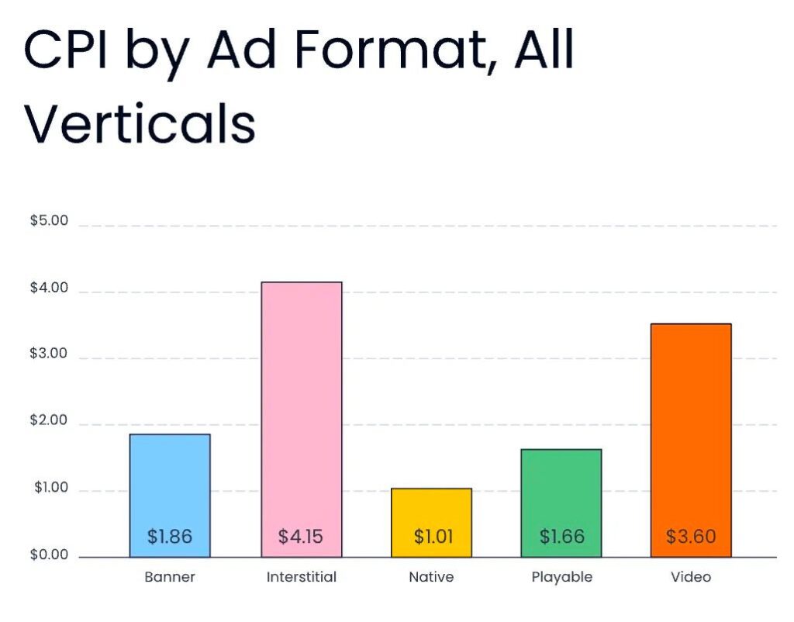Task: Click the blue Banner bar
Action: (169, 481)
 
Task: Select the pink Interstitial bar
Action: (301, 403)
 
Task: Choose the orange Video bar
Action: (690, 427)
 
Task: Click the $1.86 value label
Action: (169, 536)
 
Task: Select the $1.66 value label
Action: (561, 536)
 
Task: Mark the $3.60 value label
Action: (691, 536)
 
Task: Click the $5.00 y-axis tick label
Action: (49, 220)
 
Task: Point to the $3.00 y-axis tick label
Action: (49, 354)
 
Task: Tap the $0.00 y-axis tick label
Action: (49, 555)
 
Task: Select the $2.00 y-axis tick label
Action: (49, 422)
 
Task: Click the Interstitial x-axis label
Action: (302, 577)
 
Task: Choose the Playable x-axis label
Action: (561, 577)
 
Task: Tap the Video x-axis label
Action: (691, 577)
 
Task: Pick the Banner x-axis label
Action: (170, 577)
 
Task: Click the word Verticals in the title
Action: (140, 124)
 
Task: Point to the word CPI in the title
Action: (65, 51)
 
